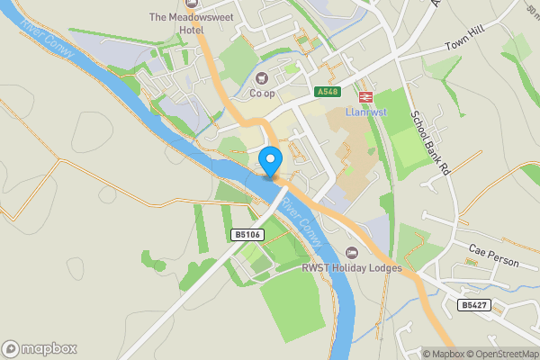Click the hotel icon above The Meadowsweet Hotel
point(191,4)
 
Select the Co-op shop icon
point(263,76)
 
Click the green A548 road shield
point(328,92)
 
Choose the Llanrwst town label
point(366,113)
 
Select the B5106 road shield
point(247,235)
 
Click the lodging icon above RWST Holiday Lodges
point(351,253)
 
